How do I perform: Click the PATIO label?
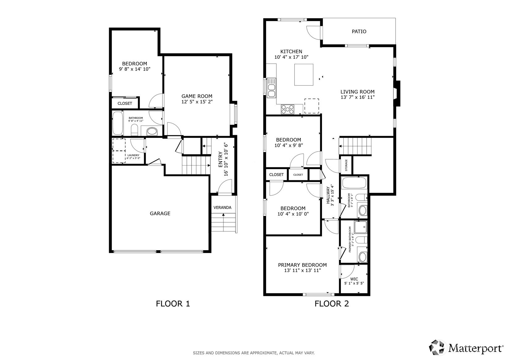pyautogui.click(x=359, y=31)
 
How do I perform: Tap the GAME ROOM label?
pyautogui.click(x=197, y=96)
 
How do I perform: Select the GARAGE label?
pyautogui.click(x=160, y=213)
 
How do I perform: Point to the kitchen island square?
pyautogui.click(x=303, y=75)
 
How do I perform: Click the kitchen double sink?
pyautogui.click(x=271, y=88)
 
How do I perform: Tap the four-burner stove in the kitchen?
pyautogui.click(x=287, y=109)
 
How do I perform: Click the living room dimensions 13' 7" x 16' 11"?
pyautogui.click(x=358, y=97)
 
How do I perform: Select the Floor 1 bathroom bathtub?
pyautogui.click(x=117, y=123)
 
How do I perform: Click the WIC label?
pyautogui.click(x=354, y=279)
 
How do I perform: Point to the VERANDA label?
pyautogui.click(x=222, y=208)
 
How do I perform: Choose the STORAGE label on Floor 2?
pyautogui.click(x=346, y=165)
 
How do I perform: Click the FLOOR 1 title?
pyautogui.click(x=173, y=304)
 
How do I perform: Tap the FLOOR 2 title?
pyautogui.click(x=332, y=304)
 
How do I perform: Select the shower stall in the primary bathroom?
pyautogui.click(x=360, y=227)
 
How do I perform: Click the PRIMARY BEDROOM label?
pyautogui.click(x=302, y=265)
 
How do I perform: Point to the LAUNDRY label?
pyautogui.click(x=133, y=155)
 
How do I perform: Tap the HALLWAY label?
pyautogui.click(x=328, y=195)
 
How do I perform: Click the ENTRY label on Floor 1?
pyautogui.click(x=220, y=159)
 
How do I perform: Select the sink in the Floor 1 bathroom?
pyautogui.click(x=152, y=131)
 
